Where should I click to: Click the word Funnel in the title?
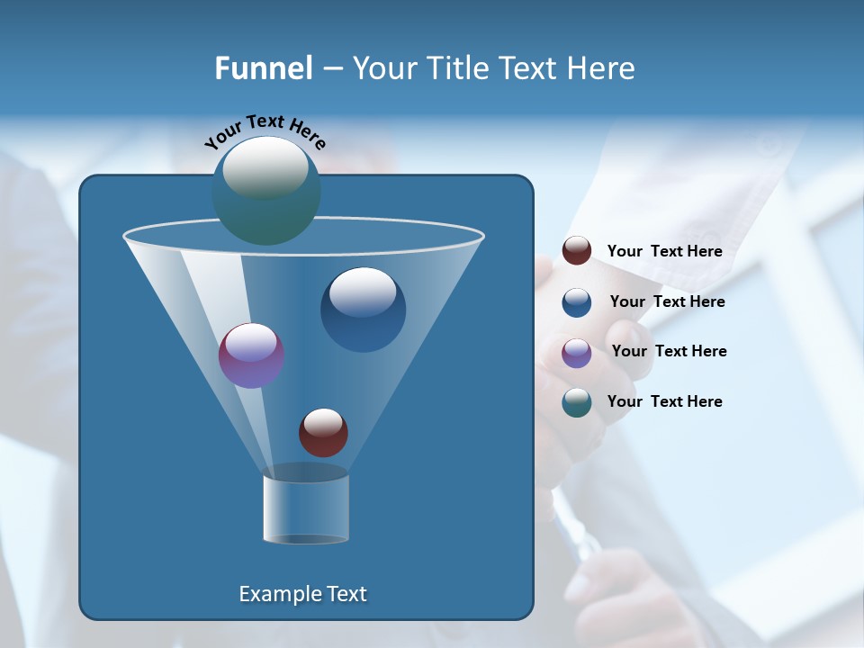(263, 68)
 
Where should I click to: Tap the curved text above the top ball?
(265, 131)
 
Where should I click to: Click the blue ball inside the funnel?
(363, 310)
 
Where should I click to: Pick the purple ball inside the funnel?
(251, 355)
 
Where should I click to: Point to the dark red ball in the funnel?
(323, 432)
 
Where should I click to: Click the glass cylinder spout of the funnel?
(305, 508)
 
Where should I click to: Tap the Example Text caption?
(302, 594)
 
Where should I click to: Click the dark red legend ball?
(577, 251)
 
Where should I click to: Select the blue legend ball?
(577, 302)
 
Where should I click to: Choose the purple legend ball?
(577, 353)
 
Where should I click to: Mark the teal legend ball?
(577, 402)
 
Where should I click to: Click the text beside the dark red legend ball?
(664, 252)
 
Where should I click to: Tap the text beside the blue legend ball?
(667, 302)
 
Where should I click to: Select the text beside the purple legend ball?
(669, 352)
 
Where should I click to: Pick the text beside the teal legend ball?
(664, 401)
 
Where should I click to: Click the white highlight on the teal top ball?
(265, 167)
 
